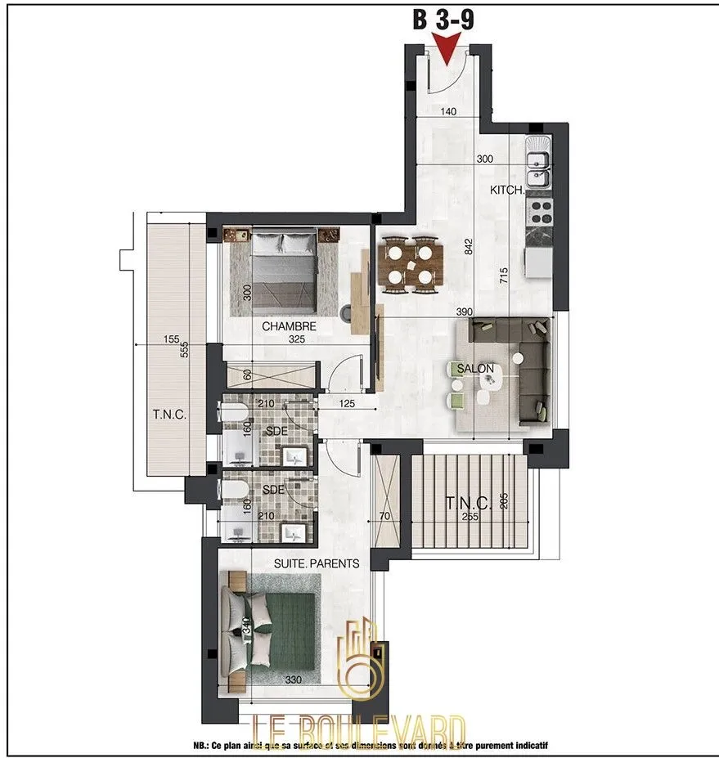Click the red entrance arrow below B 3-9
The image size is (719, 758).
point(447,52)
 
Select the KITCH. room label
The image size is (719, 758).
point(507,190)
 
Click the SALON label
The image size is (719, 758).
point(476,369)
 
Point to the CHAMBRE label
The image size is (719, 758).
point(290,326)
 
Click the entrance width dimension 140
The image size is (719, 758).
point(447,112)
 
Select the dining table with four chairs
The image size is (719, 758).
point(410,264)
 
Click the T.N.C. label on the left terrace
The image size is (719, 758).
point(169,415)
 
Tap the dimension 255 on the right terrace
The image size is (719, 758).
point(469,517)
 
